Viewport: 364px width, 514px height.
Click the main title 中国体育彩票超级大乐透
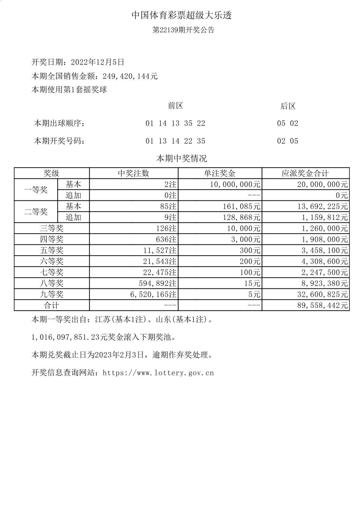click(182, 15)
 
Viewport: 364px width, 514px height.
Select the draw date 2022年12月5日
click(98, 62)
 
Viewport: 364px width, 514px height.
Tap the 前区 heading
click(176, 106)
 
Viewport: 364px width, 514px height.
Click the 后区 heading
click(288, 106)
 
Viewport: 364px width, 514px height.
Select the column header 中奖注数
click(134, 174)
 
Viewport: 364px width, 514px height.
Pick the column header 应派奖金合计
click(305, 174)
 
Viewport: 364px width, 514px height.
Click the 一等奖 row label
click(36, 190)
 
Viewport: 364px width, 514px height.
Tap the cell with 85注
click(168, 207)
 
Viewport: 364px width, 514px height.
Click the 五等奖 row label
click(52, 251)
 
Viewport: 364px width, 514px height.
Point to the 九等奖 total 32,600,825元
click(325, 295)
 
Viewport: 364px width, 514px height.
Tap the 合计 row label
click(52, 306)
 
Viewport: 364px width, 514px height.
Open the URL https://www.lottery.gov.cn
click(158, 373)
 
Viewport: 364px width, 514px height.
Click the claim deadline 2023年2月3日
click(119, 355)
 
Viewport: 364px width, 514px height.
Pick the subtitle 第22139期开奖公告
click(183, 30)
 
